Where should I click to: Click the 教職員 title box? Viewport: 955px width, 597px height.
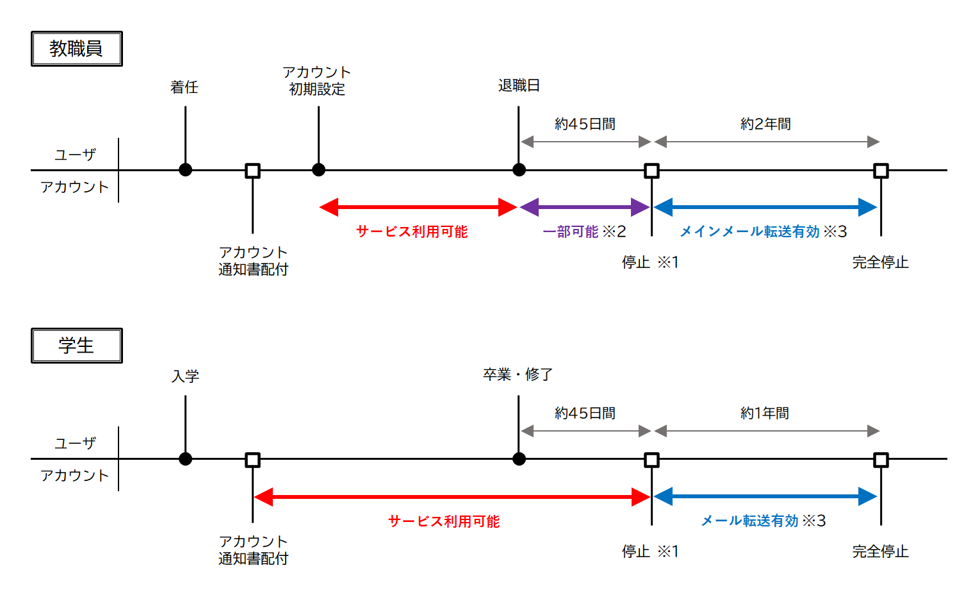click(x=76, y=49)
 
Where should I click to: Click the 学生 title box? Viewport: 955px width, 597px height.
click(x=76, y=346)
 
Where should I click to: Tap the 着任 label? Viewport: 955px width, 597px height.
click(x=184, y=87)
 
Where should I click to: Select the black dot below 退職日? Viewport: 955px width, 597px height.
click(x=519, y=170)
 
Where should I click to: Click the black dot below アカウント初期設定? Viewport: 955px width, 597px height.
click(x=318, y=170)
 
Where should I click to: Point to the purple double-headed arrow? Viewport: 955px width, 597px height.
click(x=585, y=207)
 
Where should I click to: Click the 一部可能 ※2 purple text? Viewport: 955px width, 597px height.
click(x=584, y=231)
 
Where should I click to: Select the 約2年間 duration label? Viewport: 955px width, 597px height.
click(x=765, y=124)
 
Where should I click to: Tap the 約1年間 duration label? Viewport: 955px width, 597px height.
click(x=765, y=413)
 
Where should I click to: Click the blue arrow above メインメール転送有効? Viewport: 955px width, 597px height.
click(x=765, y=207)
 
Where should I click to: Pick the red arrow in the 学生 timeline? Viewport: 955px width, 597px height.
click(x=452, y=497)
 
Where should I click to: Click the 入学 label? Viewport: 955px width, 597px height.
click(x=185, y=376)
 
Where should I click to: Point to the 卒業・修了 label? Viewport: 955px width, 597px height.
click(x=518, y=374)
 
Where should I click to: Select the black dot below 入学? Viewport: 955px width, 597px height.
click(x=185, y=459)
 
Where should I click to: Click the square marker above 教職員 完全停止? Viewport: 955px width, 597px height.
click(x=881, y=171)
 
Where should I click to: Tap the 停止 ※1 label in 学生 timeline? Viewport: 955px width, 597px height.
click(x=650, y=551)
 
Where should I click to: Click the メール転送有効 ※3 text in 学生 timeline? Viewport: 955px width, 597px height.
click(x=763, y=521)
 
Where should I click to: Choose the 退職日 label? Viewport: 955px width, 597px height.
click(x=519, y=85)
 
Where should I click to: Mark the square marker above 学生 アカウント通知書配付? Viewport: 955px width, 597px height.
click(x=252, y=460)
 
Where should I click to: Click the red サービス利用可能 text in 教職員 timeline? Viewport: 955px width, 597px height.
click(x=412, y=231)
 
